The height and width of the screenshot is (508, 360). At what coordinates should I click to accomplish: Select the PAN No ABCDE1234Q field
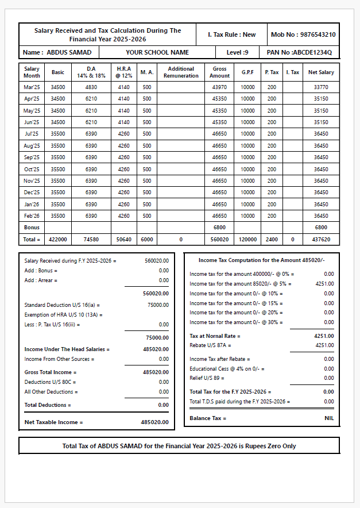click(299, 52)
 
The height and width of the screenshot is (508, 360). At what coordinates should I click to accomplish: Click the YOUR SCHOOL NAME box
click(157, 52)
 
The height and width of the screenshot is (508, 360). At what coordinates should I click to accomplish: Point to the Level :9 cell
click(237, 52)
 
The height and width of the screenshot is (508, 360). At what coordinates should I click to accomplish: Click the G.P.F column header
click(247, 72)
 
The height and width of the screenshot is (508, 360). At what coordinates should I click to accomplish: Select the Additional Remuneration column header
click(181, 72)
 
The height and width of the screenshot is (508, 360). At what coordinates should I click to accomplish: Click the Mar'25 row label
click(32, 87)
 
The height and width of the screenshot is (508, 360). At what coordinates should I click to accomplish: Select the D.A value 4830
click(91, 87)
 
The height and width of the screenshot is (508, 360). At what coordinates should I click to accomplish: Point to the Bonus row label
click(32, 228)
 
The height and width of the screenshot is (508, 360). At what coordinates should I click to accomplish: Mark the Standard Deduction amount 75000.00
click(157, 305)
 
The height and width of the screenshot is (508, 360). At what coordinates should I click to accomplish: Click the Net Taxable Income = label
click(53, 422)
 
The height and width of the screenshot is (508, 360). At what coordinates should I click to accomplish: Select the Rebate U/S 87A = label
click(210, 345)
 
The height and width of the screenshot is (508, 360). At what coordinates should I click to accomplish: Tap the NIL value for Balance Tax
click(328, 418)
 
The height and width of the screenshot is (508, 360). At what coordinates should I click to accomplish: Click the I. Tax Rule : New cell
click(231, 34)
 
